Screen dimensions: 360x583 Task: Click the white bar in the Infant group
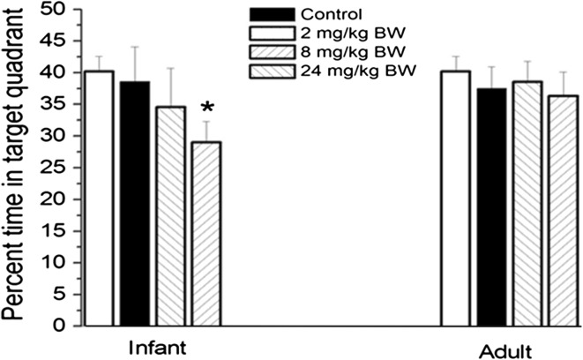click(99, 199)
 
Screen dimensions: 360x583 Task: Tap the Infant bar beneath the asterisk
click(206, 234)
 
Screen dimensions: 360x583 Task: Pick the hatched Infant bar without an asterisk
click(170, 216)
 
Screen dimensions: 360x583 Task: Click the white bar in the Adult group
click(455, 199)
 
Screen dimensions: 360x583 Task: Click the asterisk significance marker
click(206, 109)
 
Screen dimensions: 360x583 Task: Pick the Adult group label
click(509, 347)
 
